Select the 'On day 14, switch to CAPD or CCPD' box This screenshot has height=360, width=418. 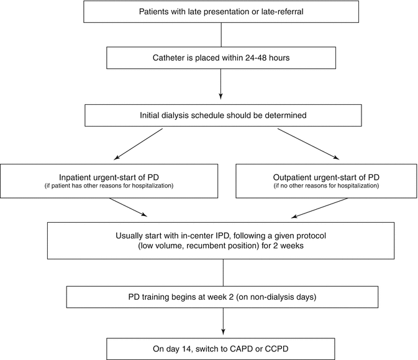[x=222, y=348]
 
